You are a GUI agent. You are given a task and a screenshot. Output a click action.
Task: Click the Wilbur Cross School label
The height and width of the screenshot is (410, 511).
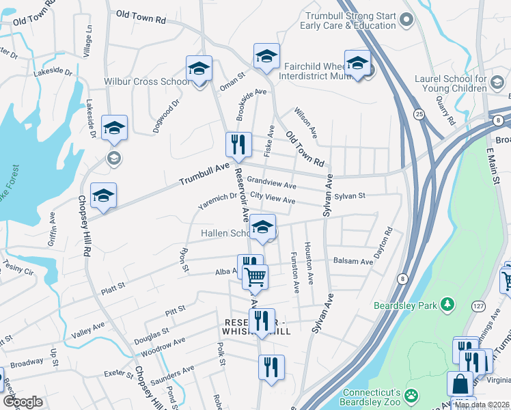click(147, 82)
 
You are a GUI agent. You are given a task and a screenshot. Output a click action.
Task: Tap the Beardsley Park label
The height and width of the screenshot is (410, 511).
click(405, 304)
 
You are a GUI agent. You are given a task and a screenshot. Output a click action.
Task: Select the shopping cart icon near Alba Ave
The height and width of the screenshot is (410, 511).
click(255, 277)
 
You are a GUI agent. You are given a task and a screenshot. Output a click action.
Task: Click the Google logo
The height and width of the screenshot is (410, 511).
click(23, 402)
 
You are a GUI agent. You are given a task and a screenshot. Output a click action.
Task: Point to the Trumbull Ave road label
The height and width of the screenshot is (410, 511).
click(204, 175)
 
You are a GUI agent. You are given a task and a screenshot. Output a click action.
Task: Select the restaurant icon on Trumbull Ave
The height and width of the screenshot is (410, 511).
click(238, 145)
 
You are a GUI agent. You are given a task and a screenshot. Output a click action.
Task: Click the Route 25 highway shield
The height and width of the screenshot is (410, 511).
click(419, 113)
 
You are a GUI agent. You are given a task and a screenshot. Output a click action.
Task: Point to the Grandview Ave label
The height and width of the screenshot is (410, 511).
click(271, 183)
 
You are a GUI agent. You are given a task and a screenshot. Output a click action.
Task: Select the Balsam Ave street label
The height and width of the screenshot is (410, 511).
click(353, 261)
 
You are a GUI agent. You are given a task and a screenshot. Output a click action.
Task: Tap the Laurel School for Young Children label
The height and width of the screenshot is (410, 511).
click(450, 83)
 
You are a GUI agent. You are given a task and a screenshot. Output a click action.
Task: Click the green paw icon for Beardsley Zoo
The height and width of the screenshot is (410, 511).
click(411, 394)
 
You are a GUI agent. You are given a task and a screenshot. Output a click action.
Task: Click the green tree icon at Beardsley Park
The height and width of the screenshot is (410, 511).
click(447, 303)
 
